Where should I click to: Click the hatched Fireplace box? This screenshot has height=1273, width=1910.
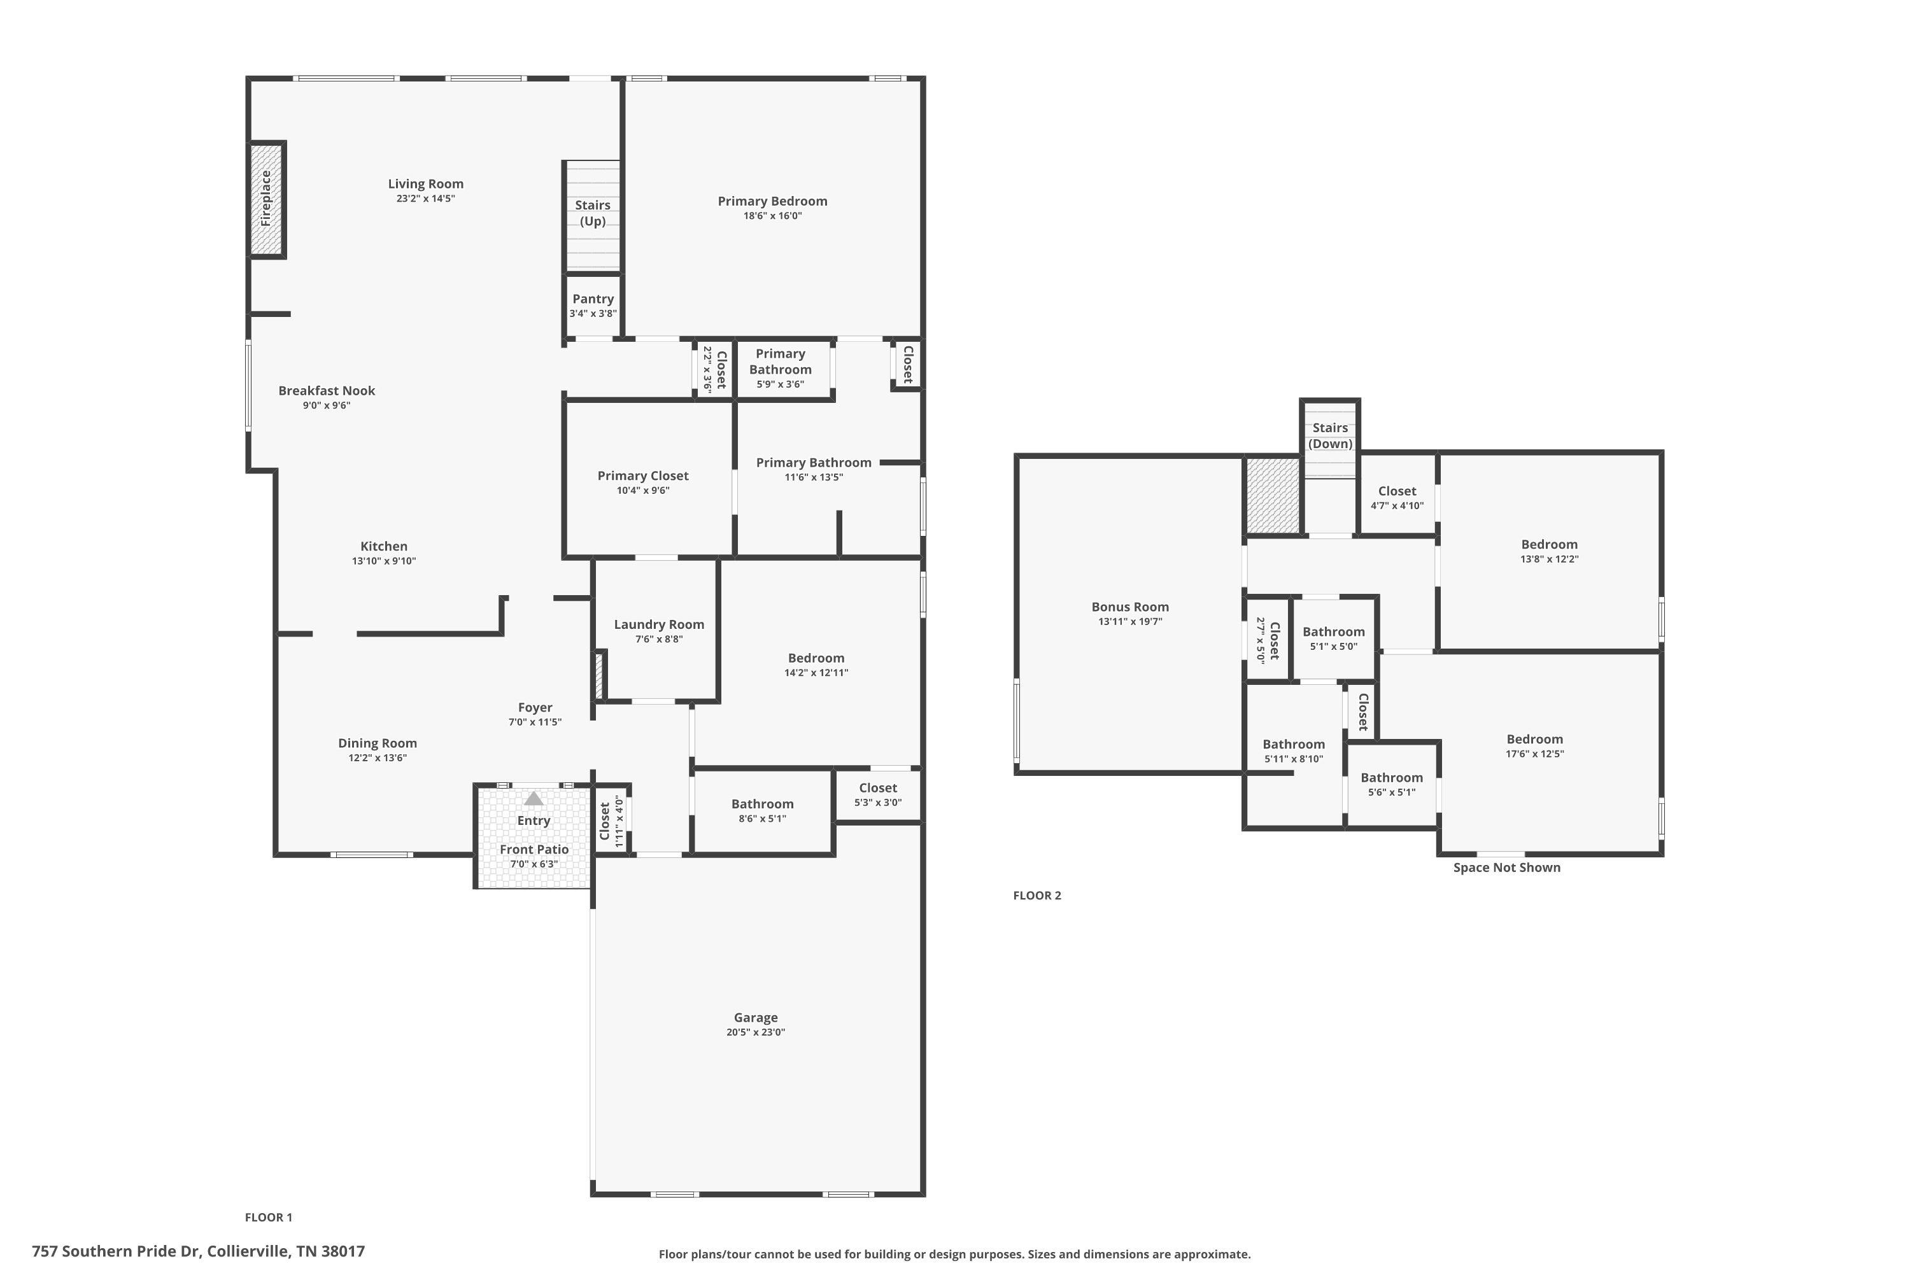point(265,199)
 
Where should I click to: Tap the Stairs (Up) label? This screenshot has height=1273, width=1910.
point(592,213)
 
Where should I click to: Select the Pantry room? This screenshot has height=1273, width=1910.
point(593,306)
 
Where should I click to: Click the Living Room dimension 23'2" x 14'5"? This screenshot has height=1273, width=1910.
point(425,199)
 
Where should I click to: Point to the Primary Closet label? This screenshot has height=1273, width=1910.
point(642,475)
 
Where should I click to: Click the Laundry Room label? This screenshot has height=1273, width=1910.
point(658,624)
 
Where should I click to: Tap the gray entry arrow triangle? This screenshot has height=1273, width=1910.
point(534,799)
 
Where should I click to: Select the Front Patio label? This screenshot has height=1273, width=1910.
point(534,849)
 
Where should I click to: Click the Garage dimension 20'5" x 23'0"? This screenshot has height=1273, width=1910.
point(755,1032)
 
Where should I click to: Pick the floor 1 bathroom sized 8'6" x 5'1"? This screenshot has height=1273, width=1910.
point(761,810)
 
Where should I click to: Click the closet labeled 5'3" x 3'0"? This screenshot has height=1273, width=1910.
point(877,794)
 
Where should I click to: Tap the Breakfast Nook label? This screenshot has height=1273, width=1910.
point(327,391)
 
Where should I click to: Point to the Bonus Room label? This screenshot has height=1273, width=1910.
point(1129,607)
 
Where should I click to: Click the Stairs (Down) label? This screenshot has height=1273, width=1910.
point(1329,435)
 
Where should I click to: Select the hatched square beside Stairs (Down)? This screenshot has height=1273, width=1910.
point(1273,495)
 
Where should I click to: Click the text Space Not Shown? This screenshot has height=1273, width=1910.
point(1506,867)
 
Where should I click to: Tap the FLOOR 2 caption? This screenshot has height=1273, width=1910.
point(1037,896)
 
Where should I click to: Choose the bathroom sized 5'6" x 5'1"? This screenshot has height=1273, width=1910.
point(1391,784)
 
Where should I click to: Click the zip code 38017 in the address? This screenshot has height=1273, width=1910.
point(343,1251)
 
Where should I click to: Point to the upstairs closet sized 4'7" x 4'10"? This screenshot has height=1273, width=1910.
point(1397,498)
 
